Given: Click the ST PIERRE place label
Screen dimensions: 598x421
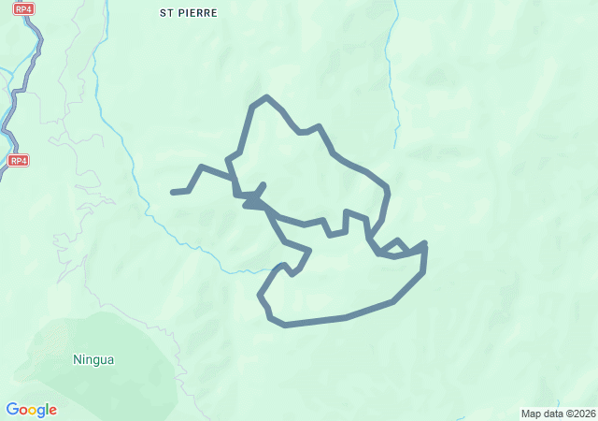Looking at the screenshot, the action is pos(189,13).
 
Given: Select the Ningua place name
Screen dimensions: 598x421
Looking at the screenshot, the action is pos(93,358).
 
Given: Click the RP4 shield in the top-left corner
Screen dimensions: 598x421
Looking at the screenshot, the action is pos(23,8).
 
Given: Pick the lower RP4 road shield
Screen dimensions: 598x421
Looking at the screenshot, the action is pos(19,161).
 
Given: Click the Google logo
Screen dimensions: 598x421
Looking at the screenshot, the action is pos(31,410).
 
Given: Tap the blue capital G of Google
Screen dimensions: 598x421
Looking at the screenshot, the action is pos(12,409).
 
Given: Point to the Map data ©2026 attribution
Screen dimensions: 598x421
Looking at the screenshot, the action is pos(557,414).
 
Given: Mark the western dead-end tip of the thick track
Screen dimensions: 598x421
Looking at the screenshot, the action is pos(173,192).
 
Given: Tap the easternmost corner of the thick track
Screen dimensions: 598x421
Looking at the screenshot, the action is pos(425,245).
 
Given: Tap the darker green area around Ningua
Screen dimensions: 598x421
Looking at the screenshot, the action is pos(121,374).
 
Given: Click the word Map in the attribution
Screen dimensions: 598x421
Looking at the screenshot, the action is pos(531,414).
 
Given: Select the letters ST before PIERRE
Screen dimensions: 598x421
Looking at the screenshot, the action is pos(167,13).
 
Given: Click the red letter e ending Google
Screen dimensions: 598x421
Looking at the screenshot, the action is pos(52,411).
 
